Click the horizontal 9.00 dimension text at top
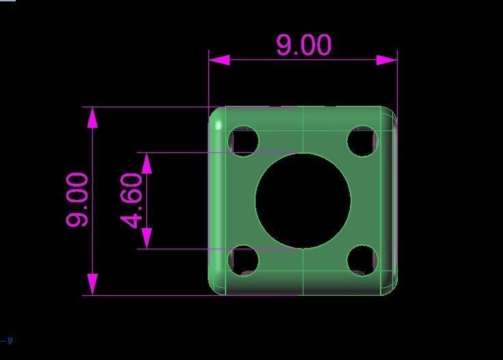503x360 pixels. click(x=303, y=45)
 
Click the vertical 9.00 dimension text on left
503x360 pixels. click(x=77, y=199)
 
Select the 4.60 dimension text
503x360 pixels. click(x=132, y=199)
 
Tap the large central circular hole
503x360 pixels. click(x=303, y=201)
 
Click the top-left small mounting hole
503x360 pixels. click(x=245, y=141)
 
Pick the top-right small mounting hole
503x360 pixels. click(x=362, y=141)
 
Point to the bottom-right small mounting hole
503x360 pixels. click(x=362, y=260)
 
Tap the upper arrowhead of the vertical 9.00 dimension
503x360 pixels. click(x=92, y=117)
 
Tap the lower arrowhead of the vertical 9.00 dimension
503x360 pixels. click(x=92, y=284)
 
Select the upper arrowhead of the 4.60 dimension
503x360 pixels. click(x=146, y=163)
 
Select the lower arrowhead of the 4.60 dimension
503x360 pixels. click(x=146, y=238)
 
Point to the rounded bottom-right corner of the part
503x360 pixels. click(x=390, y=288)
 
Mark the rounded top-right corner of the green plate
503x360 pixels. click(x=390, y=113)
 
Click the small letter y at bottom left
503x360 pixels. click(x=10, y=340)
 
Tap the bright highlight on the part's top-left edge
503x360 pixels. click(x=218, y=124)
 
